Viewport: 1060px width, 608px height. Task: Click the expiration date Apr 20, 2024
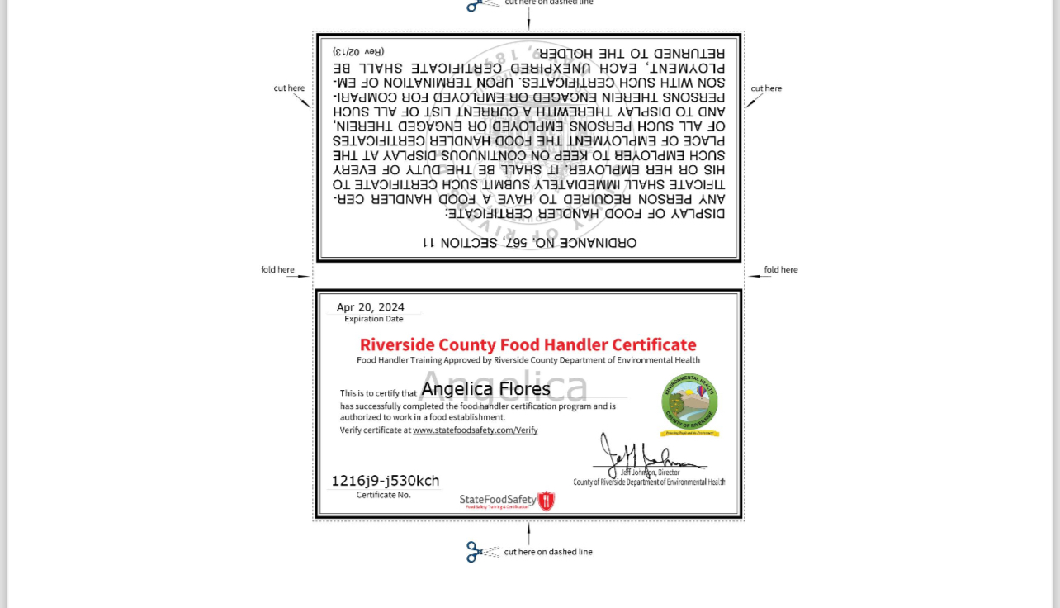pos(371,307)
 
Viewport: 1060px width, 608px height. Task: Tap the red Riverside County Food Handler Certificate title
pos(528,344)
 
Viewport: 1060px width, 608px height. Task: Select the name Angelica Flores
pos(485,388)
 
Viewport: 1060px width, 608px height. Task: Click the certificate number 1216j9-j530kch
pos(385,481)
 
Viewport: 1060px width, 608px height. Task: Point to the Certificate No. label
pos(383,495)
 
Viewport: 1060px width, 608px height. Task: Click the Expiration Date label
pos(374,319)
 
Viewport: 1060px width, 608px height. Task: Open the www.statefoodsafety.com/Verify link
pos(475,430)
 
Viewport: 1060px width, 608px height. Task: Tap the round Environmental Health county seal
pos(689,402)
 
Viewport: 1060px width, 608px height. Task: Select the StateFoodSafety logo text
pos(498,500)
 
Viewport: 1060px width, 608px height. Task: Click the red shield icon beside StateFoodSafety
pos(546,501)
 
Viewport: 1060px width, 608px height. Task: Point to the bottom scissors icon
pos(476,552)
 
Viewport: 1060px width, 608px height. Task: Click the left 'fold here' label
pos(277,270)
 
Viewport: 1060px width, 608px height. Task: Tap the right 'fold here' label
pos(781,270)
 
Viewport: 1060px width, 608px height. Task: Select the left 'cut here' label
pos(289,88)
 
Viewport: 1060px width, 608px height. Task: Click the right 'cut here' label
pos(766,88)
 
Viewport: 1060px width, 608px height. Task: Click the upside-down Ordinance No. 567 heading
pos(529,243)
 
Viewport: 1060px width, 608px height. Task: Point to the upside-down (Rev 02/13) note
pos(358,52)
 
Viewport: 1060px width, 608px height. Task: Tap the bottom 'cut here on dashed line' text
pos(548,552)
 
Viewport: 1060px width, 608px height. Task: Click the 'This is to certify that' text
pos(378,393)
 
